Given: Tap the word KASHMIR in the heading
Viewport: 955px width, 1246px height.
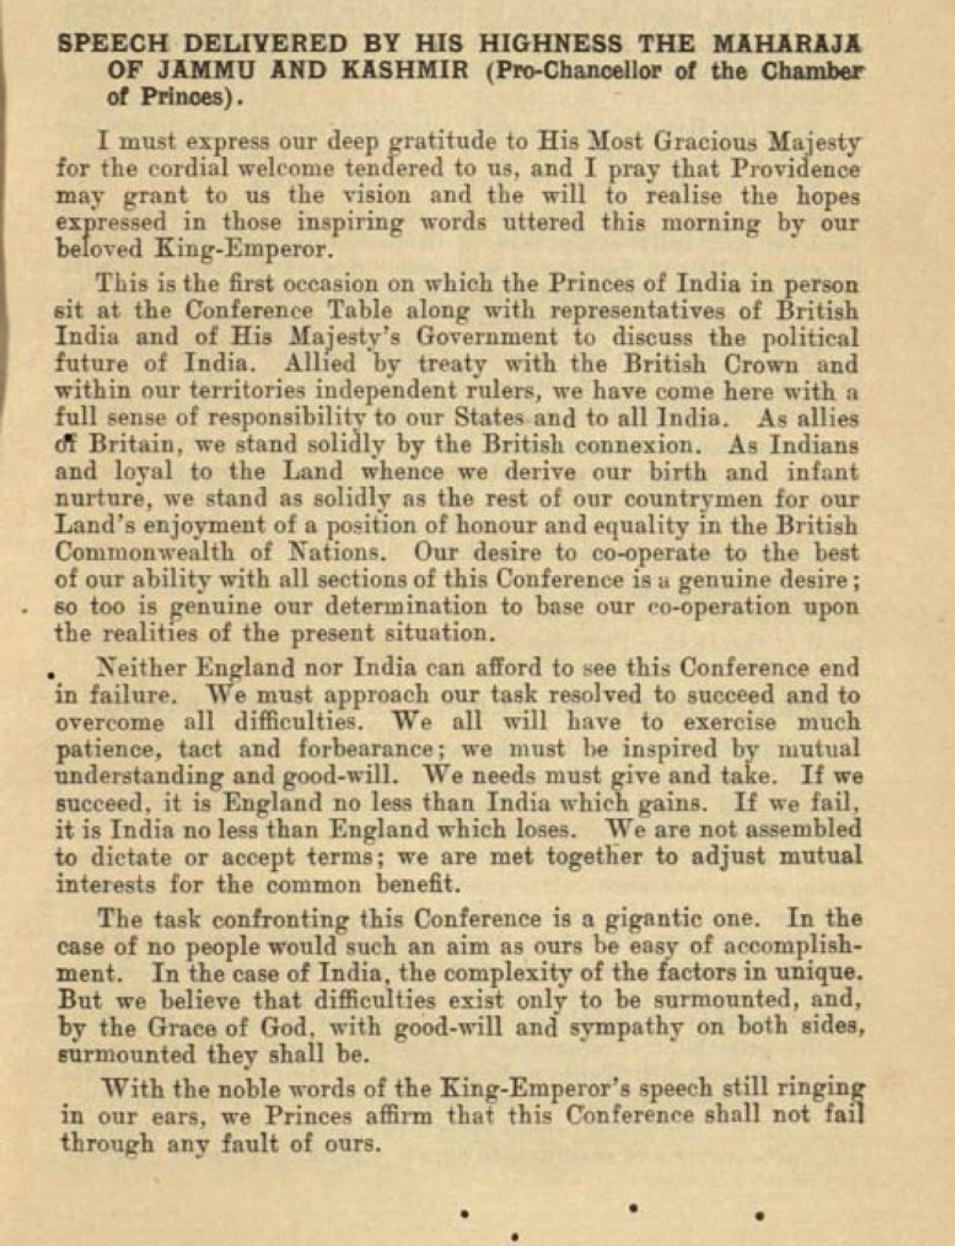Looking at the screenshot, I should click(405, 70).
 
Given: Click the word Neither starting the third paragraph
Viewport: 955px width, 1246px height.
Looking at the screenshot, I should click(141, 668).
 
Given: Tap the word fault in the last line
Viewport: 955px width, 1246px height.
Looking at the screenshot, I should click(246, 1143).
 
